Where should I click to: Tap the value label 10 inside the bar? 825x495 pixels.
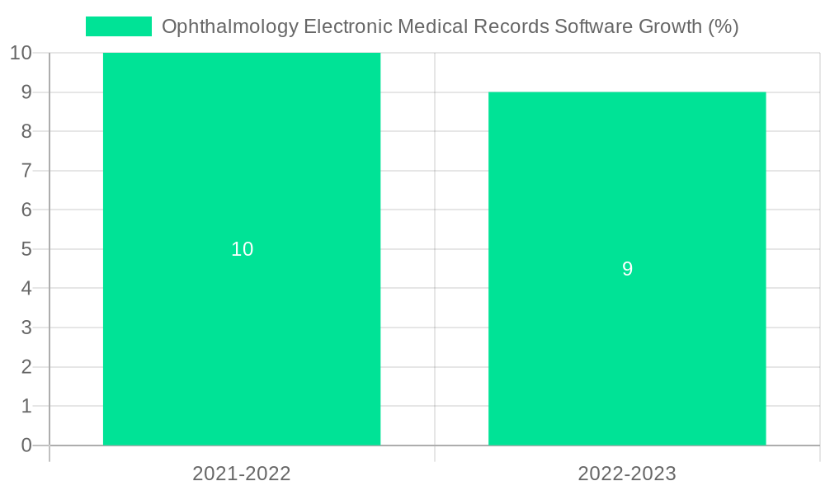242,249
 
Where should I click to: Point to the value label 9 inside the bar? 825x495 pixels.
627,269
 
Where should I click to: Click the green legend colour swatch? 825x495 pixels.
119,26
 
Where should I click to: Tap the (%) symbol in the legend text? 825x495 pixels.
724,26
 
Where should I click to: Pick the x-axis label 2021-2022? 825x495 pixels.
242,474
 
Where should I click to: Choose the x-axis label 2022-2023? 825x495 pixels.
627,474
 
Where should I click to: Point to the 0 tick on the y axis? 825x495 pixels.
26,445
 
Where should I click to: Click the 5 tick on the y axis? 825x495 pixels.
26,249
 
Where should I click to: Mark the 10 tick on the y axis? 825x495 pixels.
21,53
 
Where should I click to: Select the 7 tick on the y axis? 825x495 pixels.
26,171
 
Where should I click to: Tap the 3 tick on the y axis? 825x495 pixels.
26,328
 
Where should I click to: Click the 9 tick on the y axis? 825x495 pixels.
26,92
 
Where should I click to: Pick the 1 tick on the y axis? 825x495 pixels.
26,406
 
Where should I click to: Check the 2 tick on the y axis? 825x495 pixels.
26,367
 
